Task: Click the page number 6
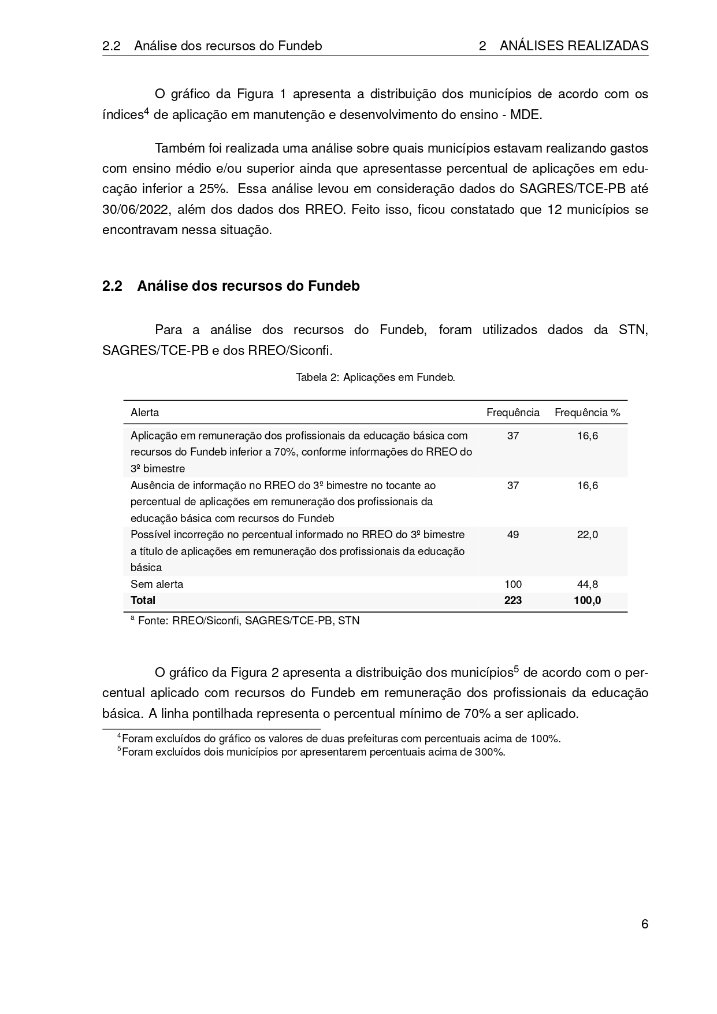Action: coord(644,924)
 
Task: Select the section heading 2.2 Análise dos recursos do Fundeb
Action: coord(231,286)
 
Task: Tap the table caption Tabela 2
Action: coord(375,378)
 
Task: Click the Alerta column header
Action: coord(145,413)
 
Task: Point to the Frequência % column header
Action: coord(587,413)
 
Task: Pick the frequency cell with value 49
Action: coord(512,535)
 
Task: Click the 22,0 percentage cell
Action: coord(587,535)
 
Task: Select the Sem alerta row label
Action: coord(157,584)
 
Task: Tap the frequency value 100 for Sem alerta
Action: coord(512,584)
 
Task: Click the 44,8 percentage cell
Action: coord(587,584)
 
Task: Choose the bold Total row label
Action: coord(143,601)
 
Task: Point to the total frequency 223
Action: coord(512,601)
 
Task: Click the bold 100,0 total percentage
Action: coord(587,601)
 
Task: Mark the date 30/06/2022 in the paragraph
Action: coord(136,209)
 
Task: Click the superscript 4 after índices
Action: coord(146,110)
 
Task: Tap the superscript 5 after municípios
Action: coord(517,669)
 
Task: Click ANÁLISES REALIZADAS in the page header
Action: coord(574,46)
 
